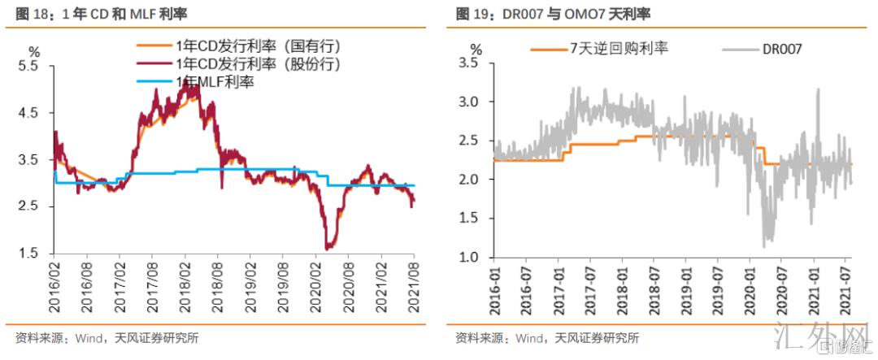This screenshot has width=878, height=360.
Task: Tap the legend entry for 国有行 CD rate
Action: click(x=244, y=46)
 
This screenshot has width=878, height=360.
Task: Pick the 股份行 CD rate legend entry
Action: click(x=244, y=63)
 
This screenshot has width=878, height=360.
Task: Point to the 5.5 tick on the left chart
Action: click(x=28, y=67)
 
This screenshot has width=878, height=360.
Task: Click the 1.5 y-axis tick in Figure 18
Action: click(x=28, y=254)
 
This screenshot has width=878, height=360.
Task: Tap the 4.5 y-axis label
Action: click(x=28, y=113)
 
